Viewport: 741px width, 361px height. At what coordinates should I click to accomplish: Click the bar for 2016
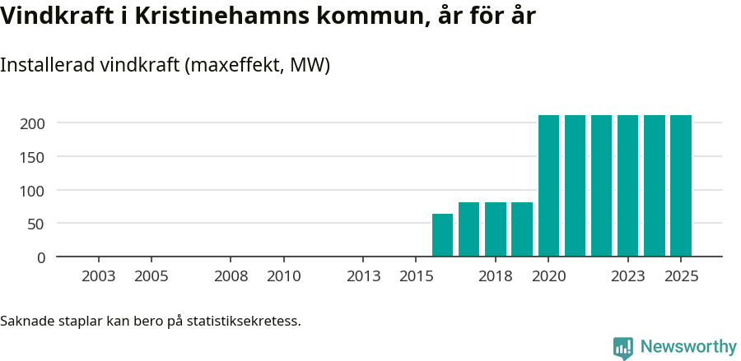click(x=443, y=235)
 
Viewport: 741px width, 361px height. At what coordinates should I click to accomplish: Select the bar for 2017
click(x=469, y=229)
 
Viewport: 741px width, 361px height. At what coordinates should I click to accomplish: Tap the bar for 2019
click(x=522, y=229)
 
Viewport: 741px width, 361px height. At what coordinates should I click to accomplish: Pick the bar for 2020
click(x=548, y=186)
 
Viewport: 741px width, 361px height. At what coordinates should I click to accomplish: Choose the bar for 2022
click(x=602, y=186)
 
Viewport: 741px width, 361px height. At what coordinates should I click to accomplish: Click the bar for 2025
click(x=681, y=186)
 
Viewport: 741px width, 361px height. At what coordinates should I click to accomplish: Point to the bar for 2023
click(x=628, y=186)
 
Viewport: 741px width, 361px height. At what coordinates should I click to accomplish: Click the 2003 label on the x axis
click(x=99, y=276)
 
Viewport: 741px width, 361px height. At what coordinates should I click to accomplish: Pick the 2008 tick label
click(x=231, y=276)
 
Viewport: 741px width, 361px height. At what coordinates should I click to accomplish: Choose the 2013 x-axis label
click(x=364, y=276)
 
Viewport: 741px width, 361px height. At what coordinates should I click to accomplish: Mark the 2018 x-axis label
click(x=496, y=276)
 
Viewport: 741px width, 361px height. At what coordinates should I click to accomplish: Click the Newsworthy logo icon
click(x=623, y=348)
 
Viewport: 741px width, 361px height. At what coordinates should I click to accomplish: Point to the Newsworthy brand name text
click(x=688, y=348)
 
